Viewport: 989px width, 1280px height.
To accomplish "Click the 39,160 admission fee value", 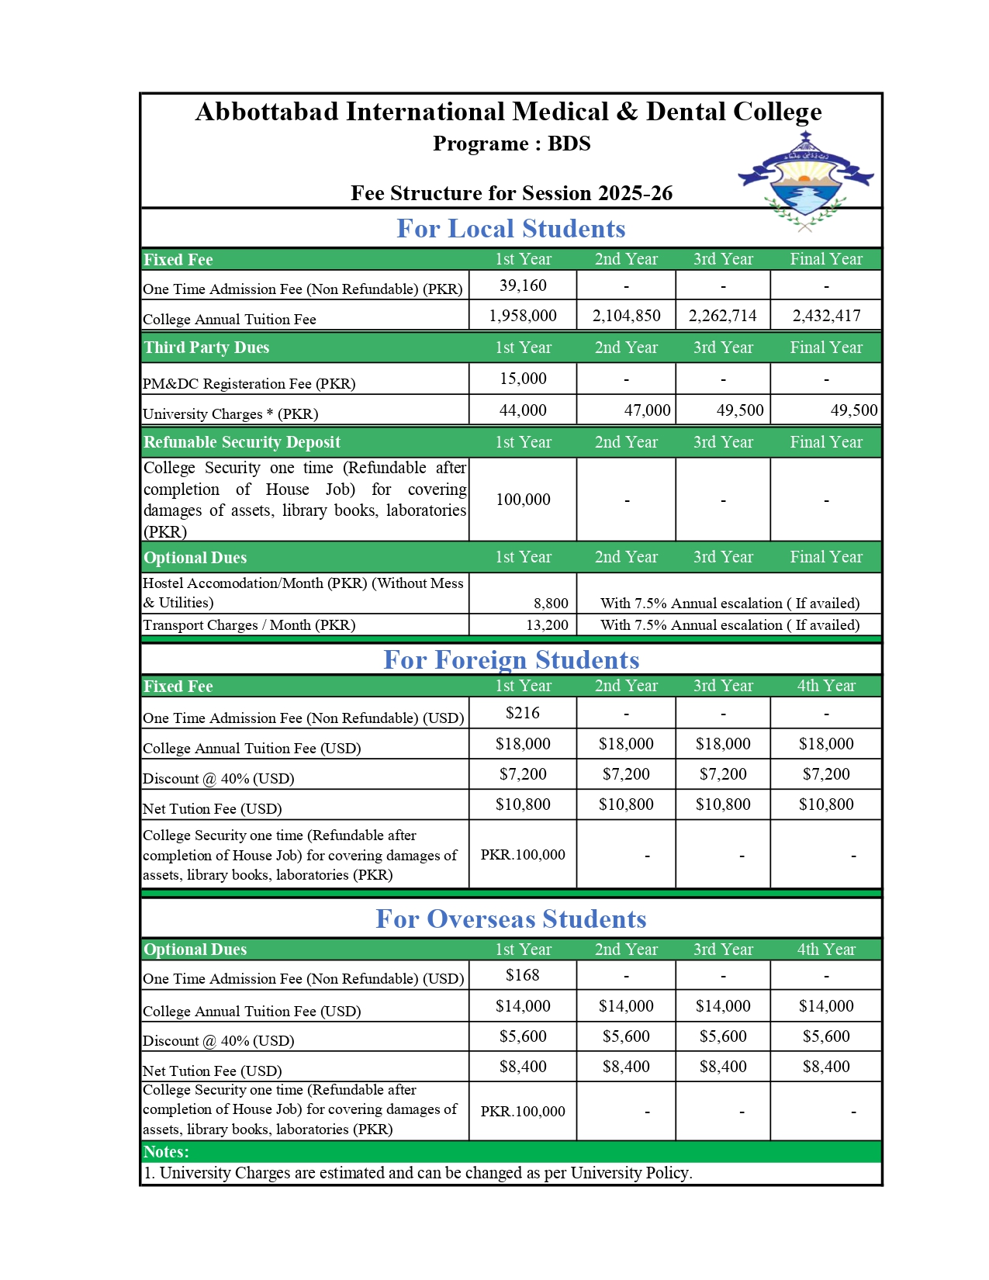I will click(x=523, y=285).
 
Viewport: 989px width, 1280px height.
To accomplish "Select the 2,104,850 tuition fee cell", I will click(x=626, y=316).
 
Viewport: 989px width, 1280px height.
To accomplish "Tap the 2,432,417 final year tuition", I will click(x=826, y=316).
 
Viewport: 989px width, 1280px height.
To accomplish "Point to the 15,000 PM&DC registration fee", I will click(x=523, y=379).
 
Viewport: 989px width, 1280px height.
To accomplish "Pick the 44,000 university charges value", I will click(x=523, y=410).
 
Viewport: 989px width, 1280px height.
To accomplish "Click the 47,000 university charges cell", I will click(x=647, y=410).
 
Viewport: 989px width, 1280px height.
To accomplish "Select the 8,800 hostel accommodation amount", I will click(x=551, y=604).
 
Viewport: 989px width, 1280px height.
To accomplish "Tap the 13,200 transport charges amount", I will click(x=547, y=625).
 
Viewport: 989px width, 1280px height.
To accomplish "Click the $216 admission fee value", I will click(x=523, y=713).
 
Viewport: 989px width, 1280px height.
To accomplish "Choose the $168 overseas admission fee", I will click(x=523, y=975).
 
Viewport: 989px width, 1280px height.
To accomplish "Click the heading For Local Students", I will click(x=510, y=229).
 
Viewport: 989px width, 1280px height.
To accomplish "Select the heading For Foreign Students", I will click(x=511, y=660).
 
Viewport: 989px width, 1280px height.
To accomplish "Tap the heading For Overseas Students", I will click(x=510, y=919).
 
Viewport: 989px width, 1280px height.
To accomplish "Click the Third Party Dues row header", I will click(x=206, y=348).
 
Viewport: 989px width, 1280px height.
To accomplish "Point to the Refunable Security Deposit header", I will click(x=242, y=442).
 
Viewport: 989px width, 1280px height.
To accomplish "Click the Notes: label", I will click(x=166, y=1152).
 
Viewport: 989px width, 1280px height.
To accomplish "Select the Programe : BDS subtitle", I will click(x=511, y=144).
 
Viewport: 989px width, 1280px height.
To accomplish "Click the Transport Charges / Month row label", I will click(x=249, y=625).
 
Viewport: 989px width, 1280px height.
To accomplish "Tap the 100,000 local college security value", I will click(x=523, y=500).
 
